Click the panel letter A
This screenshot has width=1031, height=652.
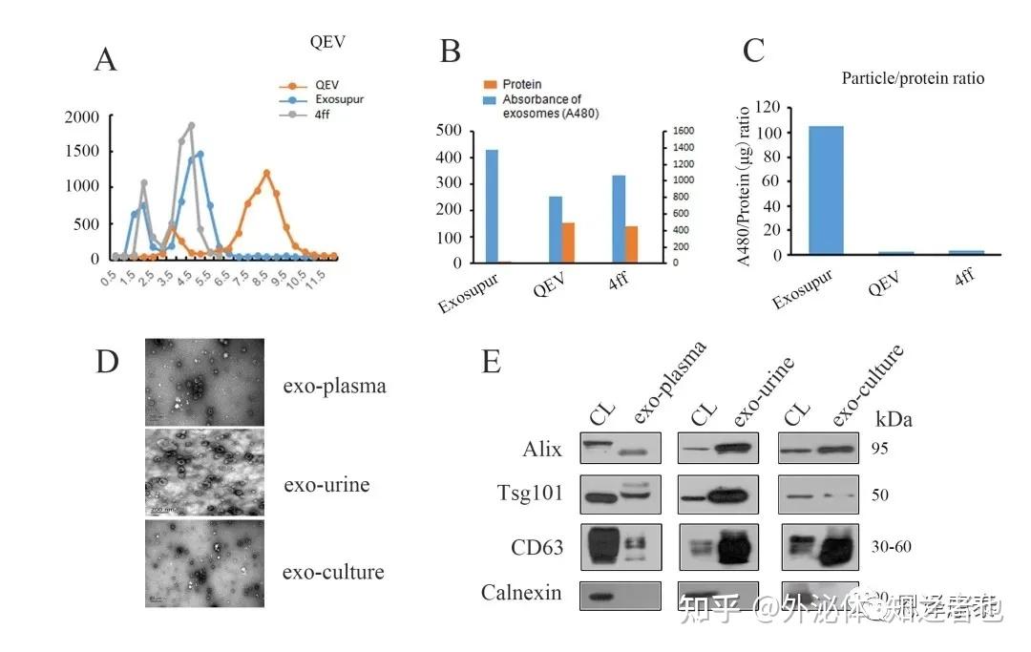(105, 59)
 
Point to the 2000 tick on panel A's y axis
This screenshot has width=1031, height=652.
(82, 117)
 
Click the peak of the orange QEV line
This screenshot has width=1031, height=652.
(266, 173)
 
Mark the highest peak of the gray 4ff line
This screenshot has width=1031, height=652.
(191, 125)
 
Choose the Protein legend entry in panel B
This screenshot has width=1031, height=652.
(522, 85)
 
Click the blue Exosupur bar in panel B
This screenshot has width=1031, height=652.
(492, 205)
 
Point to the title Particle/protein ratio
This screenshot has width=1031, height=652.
(912, 79)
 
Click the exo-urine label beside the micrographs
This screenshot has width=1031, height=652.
(326, 485)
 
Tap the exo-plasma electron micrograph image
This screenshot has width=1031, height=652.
(203, 382)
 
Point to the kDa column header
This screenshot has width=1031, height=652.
(894, 419)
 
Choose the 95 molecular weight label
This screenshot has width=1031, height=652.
(880, 449)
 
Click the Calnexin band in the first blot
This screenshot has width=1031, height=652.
(600, 597)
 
